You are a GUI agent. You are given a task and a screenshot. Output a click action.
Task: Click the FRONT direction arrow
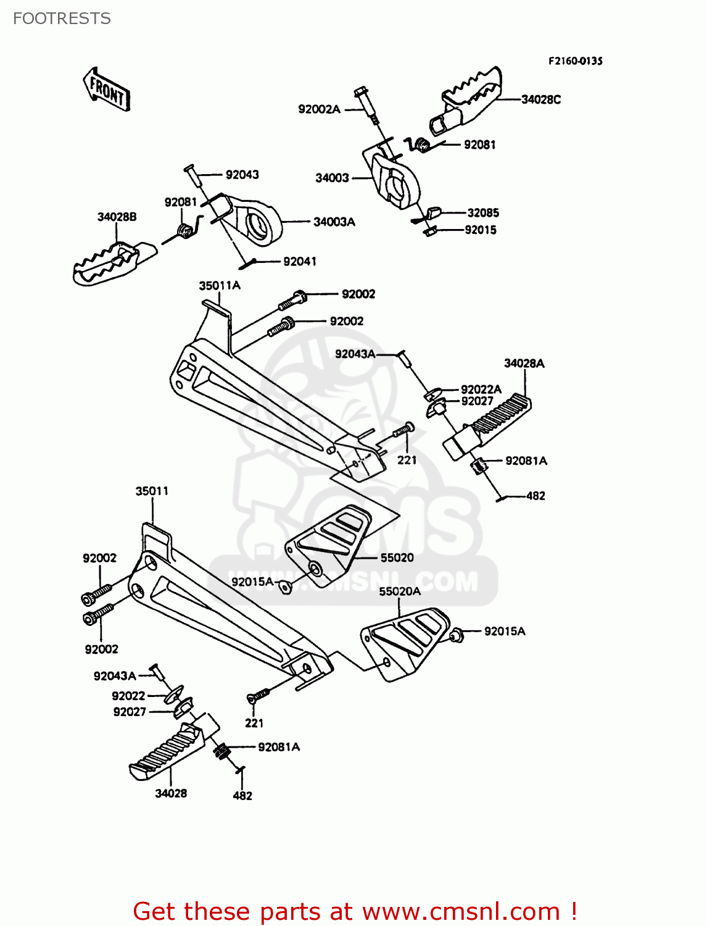coord(107,90)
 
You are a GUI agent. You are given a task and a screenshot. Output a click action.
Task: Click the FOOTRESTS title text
coord(62,19)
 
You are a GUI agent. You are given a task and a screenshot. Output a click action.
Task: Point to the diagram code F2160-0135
coord(575,61)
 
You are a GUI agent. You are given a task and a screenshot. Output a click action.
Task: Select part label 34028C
coord(541,99)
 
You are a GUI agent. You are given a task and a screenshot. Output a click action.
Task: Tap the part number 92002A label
coord(319,109)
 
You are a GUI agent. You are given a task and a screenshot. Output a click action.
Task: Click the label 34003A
coord(334,222)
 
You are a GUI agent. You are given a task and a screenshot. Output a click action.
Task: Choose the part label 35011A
coord(220,286)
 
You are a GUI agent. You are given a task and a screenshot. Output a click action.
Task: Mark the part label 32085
coord(483,212)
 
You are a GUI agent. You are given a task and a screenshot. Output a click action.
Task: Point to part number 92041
coord(299,262)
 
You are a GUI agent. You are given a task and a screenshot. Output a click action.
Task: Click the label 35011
coord(152,491)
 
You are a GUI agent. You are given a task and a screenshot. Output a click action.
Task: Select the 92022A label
coord(481,389)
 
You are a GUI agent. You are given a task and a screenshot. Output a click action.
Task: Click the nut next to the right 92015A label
coord(457,634)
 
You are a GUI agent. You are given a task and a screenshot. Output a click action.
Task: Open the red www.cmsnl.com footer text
coord(355,911)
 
